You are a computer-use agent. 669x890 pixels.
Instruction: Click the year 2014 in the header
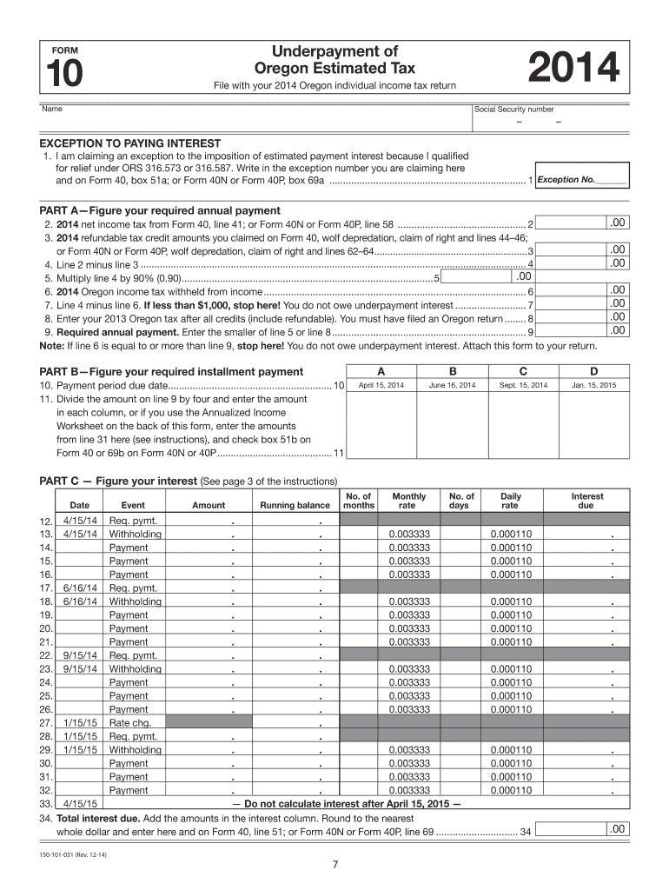pos(573,70)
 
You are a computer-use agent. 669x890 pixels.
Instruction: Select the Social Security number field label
pos(513,110)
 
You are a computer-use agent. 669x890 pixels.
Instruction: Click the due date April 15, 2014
pos(381,385)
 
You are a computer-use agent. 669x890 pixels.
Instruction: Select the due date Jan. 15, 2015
pos(594,385)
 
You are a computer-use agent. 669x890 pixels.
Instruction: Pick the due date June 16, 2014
pos(452,385)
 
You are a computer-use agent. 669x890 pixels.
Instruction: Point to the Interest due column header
pos(586,501)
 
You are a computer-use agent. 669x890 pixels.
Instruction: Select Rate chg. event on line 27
pos(128,722)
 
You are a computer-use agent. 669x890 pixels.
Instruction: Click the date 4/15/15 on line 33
pos(80,804)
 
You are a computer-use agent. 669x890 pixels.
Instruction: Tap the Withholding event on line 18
pos(135,601)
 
